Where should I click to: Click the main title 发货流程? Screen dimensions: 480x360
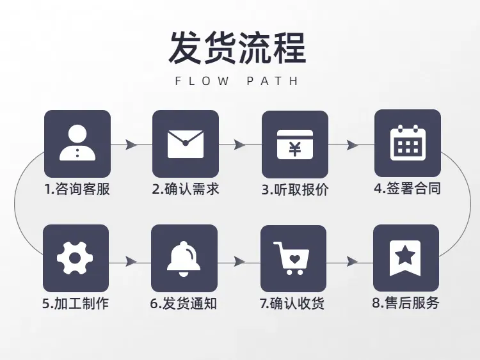[x=237, y=48]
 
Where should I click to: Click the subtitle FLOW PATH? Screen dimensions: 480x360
[x=237, y=81]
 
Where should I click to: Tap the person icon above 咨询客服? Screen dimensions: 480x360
[x=77, y=143]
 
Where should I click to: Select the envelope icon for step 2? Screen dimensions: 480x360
[x=186, y=144]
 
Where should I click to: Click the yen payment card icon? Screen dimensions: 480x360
[x=295, y=145]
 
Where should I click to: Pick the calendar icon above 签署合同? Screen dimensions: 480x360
[x=408, y=143]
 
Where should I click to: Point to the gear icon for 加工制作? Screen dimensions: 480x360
[x=75, y=258]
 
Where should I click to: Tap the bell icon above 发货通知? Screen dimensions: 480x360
[x=184, y=259]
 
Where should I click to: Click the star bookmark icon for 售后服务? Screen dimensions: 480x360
[x=404, y=258]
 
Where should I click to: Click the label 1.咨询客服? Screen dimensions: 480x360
[x=77, y=189]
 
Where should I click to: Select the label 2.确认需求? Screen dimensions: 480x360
[x=186, y=189]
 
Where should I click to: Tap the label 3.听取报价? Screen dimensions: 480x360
[x=295, y=190]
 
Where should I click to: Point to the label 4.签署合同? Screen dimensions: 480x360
[x=408, y=189]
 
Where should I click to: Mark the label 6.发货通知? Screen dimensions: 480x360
[x=184, y=304]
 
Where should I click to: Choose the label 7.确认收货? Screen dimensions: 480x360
[x=292, y=304]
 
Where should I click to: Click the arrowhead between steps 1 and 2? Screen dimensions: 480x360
[x=131, y=144]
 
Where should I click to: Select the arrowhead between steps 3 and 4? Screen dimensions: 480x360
[x=353, y=145]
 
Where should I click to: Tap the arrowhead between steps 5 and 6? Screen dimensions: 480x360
[x=131, y=262]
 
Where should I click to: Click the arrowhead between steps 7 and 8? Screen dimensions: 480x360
[x=353, y=262]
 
